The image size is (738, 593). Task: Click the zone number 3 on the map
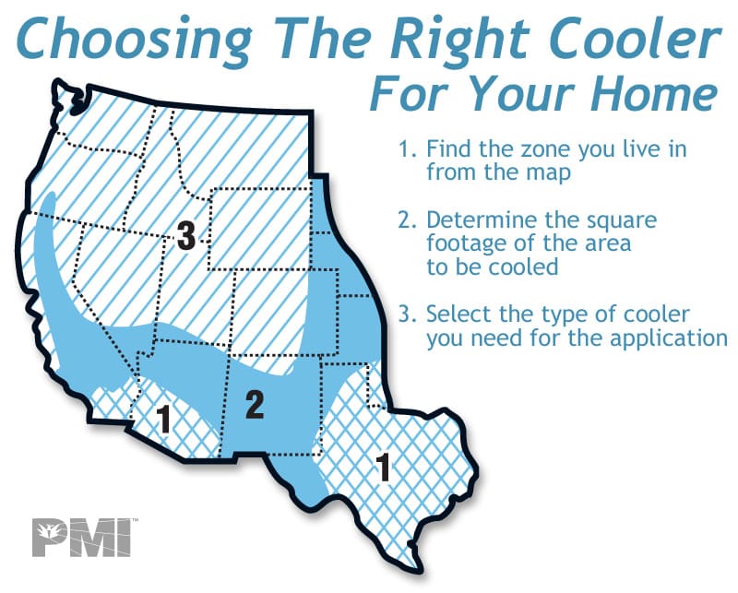tap(185, 237)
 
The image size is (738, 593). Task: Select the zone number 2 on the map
tap(255, 404)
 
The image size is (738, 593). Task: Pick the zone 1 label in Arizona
tap(163, 420)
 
